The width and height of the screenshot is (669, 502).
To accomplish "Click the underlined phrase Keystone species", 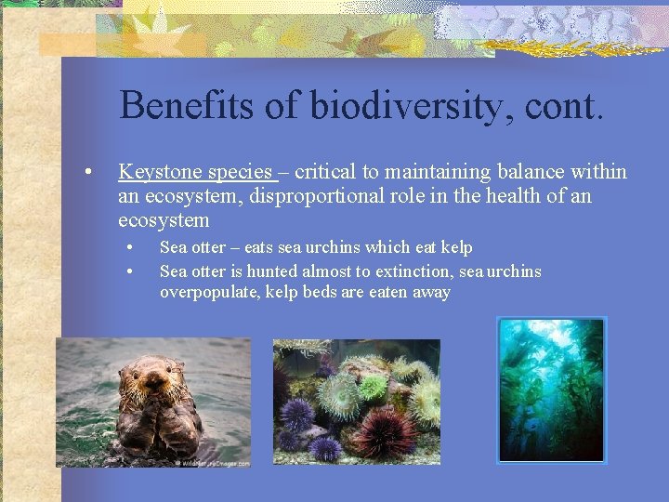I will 194,172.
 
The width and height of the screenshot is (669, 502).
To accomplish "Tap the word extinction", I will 417,271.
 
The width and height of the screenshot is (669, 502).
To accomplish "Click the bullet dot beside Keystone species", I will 85,173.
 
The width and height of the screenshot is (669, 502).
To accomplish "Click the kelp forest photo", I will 551,390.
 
